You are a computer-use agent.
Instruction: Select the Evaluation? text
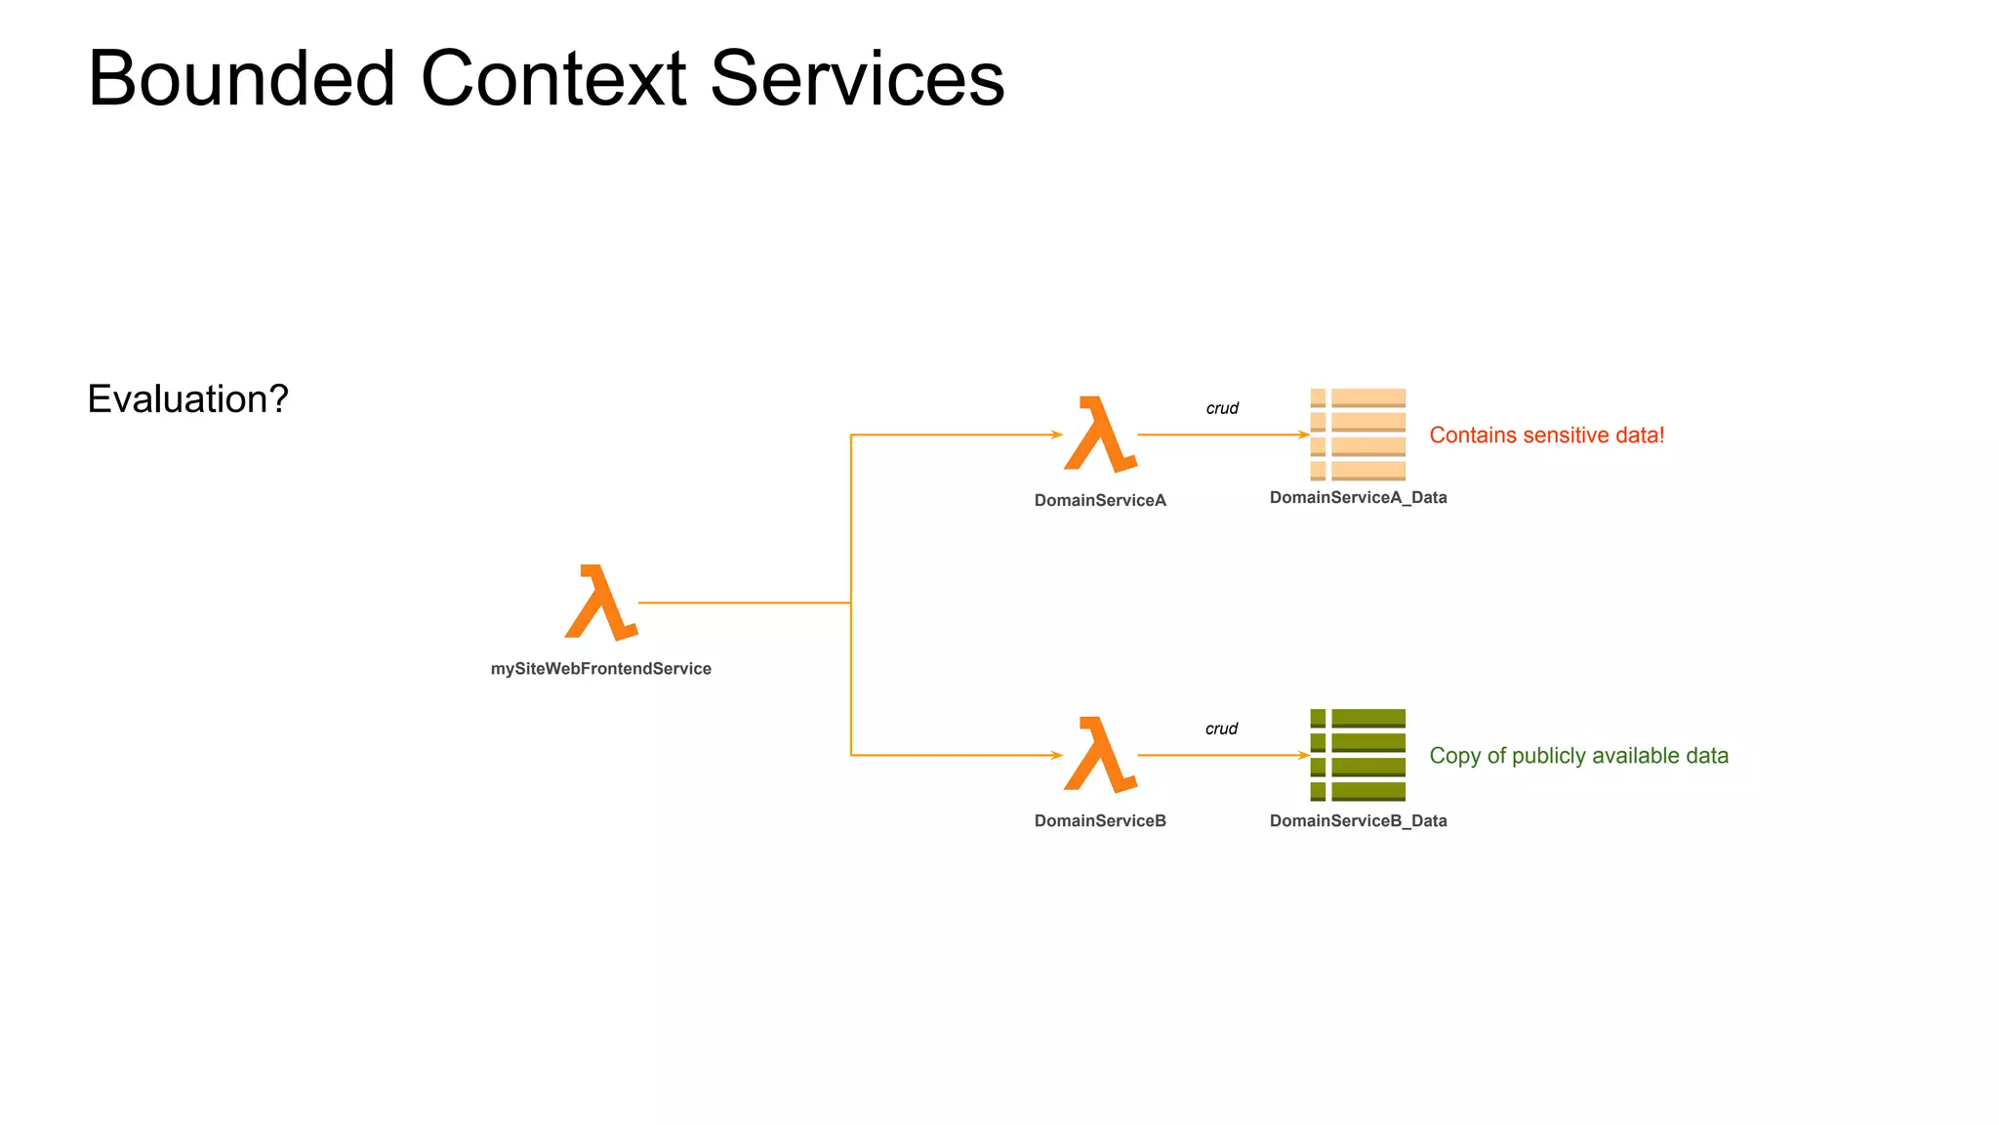point(187,398)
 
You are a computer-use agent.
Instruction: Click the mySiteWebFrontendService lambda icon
point(601,603)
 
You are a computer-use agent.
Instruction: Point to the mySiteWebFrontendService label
point(600,669)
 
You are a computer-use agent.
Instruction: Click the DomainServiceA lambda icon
point(1100,435)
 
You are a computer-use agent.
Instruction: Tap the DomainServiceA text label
point(1100,500)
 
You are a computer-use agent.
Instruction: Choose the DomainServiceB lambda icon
point(1100,755)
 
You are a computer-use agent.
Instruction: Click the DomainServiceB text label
point(1100,820)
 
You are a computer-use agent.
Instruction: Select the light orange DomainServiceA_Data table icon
point(1358,435)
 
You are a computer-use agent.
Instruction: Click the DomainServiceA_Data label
point(1358,497)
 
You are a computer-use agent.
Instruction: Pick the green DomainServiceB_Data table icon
point(1358,755)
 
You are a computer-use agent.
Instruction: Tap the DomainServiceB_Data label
point(1358,820)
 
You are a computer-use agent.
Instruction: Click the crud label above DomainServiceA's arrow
point(1222,408)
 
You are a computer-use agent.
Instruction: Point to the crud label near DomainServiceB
point(1221,729)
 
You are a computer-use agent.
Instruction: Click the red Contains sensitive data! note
point(1546,435)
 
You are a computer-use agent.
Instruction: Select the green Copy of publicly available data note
point(1578,755)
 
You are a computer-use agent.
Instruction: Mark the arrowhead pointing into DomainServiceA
point(1057,435)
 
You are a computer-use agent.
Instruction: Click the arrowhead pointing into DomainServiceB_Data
point(1304,755)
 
